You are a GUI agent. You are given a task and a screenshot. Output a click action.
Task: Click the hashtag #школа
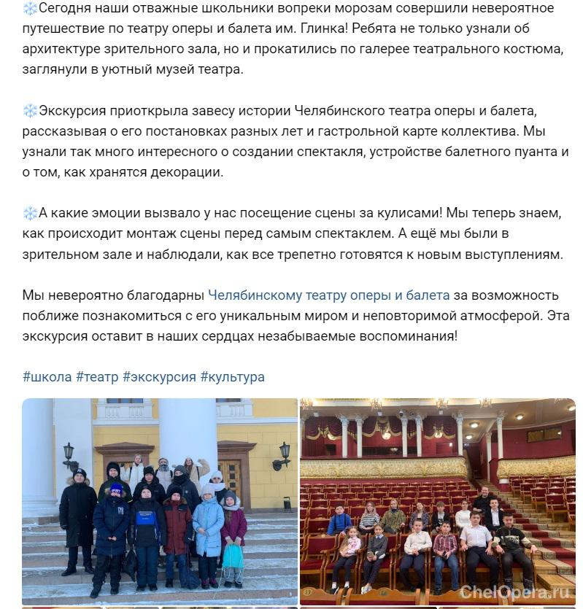pos(47,377)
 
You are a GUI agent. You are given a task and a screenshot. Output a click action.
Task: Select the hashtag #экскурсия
pos(159,377)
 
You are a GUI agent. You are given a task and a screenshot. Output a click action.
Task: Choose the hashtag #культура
pos(232,377)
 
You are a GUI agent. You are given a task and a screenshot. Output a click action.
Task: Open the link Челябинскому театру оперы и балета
pos(328,295)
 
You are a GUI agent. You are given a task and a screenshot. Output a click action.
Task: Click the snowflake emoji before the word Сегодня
pos(30,9)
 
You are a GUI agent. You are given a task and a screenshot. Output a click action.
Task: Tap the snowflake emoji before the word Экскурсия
pos(30,111)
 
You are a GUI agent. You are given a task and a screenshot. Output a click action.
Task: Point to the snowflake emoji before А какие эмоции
pos(30,213)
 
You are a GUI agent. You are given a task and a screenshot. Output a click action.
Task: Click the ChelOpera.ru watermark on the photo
pos(514,592)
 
